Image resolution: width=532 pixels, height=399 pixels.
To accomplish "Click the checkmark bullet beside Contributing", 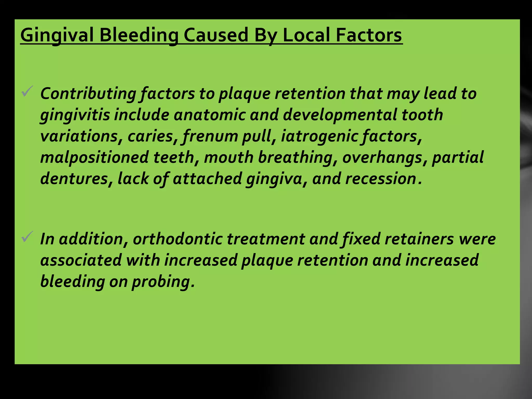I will [27, 91].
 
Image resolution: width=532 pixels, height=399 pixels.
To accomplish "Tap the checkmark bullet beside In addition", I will [27, 237].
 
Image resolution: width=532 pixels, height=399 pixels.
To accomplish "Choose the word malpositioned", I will [94, 157].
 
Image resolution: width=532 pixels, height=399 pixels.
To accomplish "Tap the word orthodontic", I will [178, 239].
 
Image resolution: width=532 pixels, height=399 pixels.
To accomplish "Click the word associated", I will [81, 260].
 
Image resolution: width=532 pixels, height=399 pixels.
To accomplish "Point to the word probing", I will [163, 282].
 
